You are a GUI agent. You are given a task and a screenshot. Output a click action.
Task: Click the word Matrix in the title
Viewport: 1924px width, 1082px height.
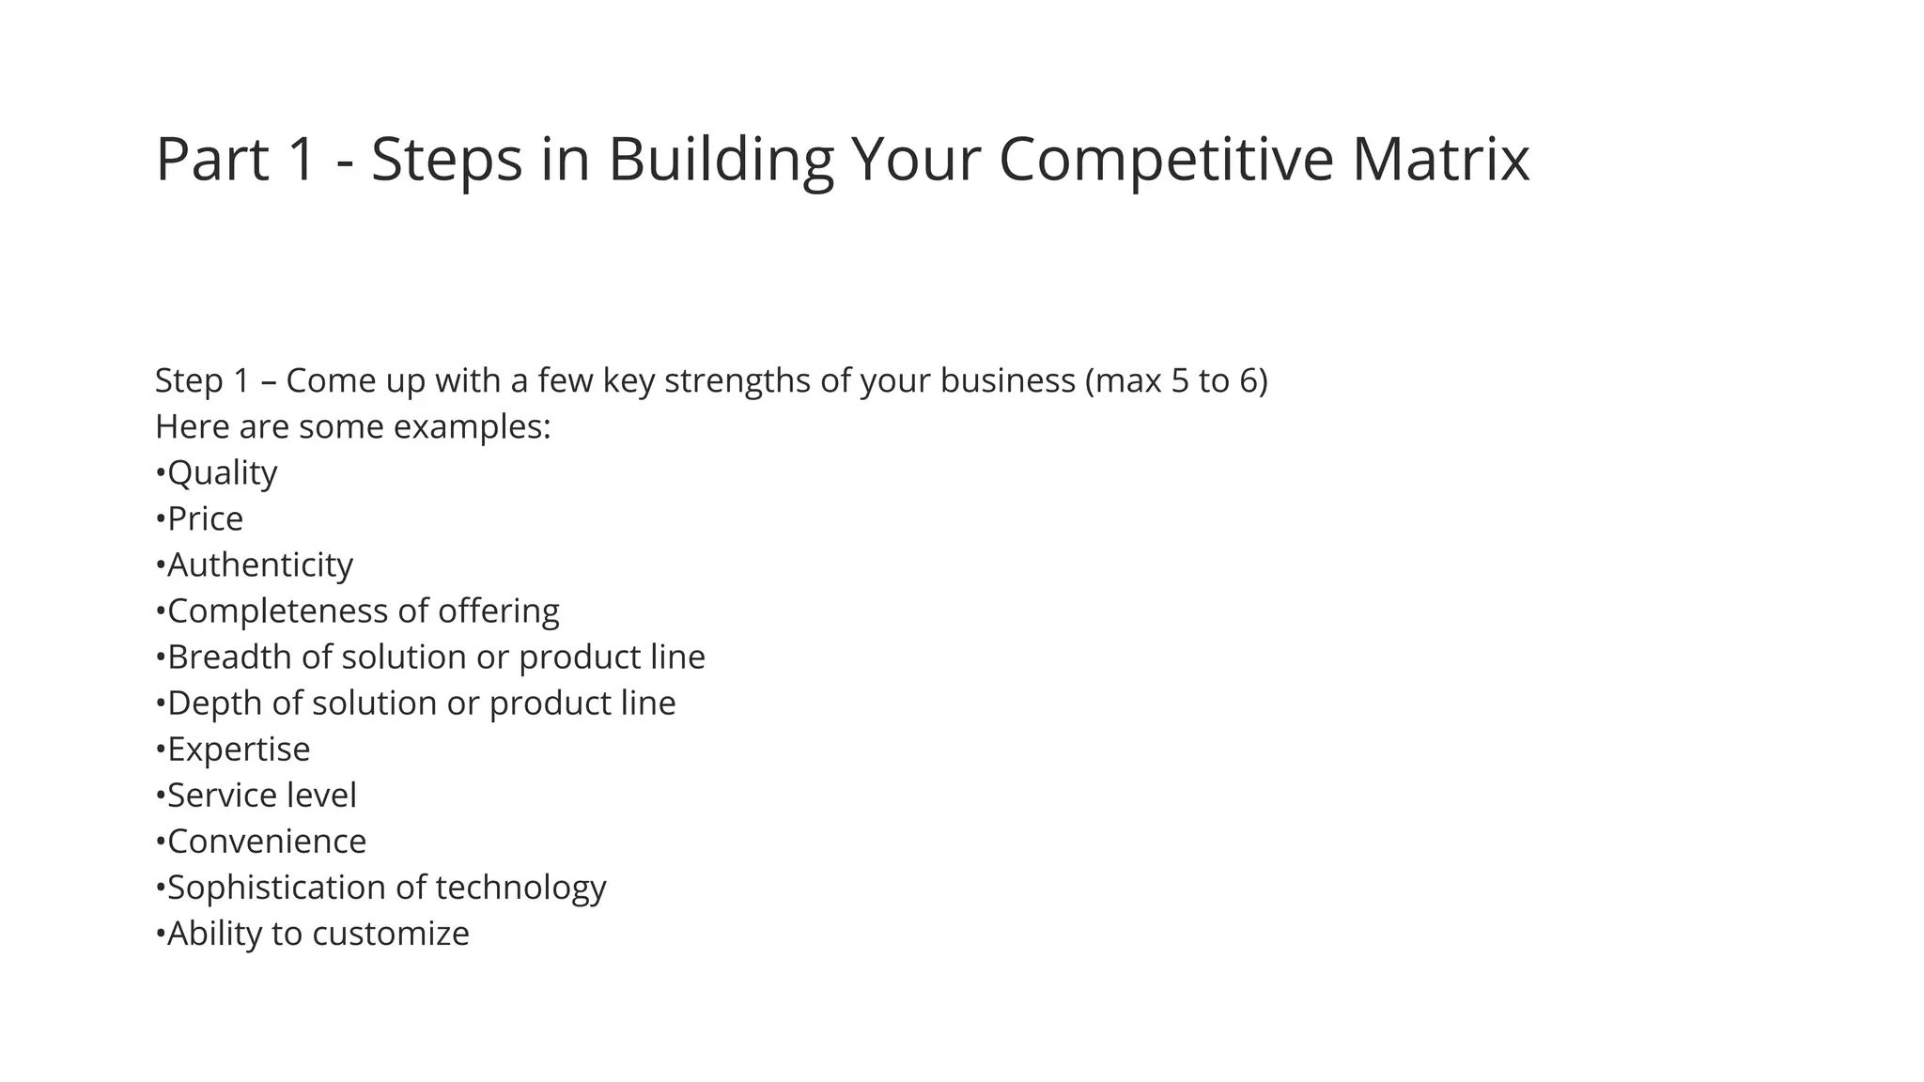coord(1440,160)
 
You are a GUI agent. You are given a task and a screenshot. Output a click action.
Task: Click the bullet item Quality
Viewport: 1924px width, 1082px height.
coord(222,472)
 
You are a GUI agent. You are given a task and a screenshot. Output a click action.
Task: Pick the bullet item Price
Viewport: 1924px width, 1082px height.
coord(205,518)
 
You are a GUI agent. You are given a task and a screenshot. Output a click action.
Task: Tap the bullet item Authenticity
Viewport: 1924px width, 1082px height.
coord(259,564)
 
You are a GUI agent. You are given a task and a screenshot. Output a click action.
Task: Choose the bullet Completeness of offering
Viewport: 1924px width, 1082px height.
coord(363,611)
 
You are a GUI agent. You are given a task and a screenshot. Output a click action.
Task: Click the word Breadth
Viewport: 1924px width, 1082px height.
coord(229,657)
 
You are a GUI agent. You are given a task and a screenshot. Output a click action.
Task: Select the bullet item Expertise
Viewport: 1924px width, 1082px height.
coord(238,749)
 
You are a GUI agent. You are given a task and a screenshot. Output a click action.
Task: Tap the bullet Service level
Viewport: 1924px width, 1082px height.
coord(261,795)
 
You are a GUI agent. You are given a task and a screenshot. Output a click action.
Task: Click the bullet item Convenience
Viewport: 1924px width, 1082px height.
coord(266,841)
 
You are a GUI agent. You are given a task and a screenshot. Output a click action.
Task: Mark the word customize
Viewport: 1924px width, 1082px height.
coord(390,933)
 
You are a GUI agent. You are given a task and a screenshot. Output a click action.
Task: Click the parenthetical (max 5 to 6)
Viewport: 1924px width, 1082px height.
coord(1175,380)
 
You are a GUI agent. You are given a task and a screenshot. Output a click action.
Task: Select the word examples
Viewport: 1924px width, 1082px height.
coord(471,426)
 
